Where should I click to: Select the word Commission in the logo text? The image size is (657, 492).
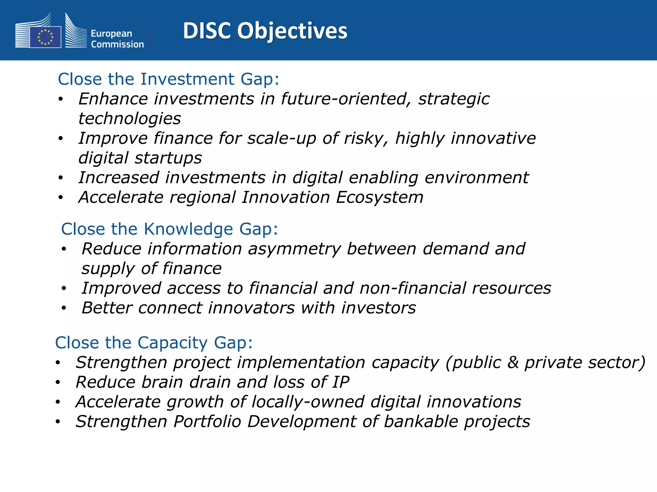117,44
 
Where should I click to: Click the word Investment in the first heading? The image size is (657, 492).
187,79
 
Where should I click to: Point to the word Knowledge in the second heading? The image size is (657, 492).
188,229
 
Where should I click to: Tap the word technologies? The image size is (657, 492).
130,119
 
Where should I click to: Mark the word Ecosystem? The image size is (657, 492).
380,197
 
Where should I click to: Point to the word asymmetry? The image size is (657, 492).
294,249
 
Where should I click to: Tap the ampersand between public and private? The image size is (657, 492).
513,363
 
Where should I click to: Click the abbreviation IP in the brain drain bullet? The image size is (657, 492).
341,382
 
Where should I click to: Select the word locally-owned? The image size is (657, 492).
308,402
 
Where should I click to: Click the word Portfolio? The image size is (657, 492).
207,422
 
